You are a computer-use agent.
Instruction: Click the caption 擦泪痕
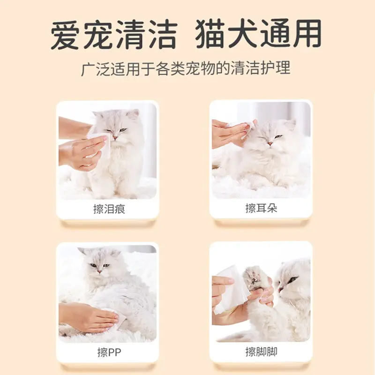coord(109,209)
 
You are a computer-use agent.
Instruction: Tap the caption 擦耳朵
coord(261,208)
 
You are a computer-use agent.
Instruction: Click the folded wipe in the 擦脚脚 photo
coord(232,286)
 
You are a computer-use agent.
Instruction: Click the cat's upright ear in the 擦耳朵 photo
coord(290,124)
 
